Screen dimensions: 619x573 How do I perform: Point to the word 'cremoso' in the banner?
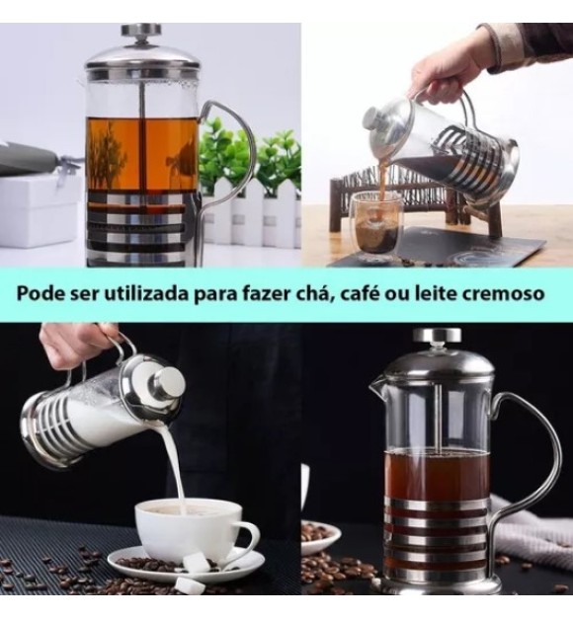tap(509, 294)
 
